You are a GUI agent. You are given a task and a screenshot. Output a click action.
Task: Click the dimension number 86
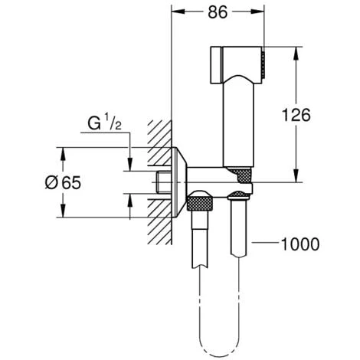(x=217, y=13)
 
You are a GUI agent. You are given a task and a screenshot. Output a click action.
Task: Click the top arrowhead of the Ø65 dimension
(x=64, y=152)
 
